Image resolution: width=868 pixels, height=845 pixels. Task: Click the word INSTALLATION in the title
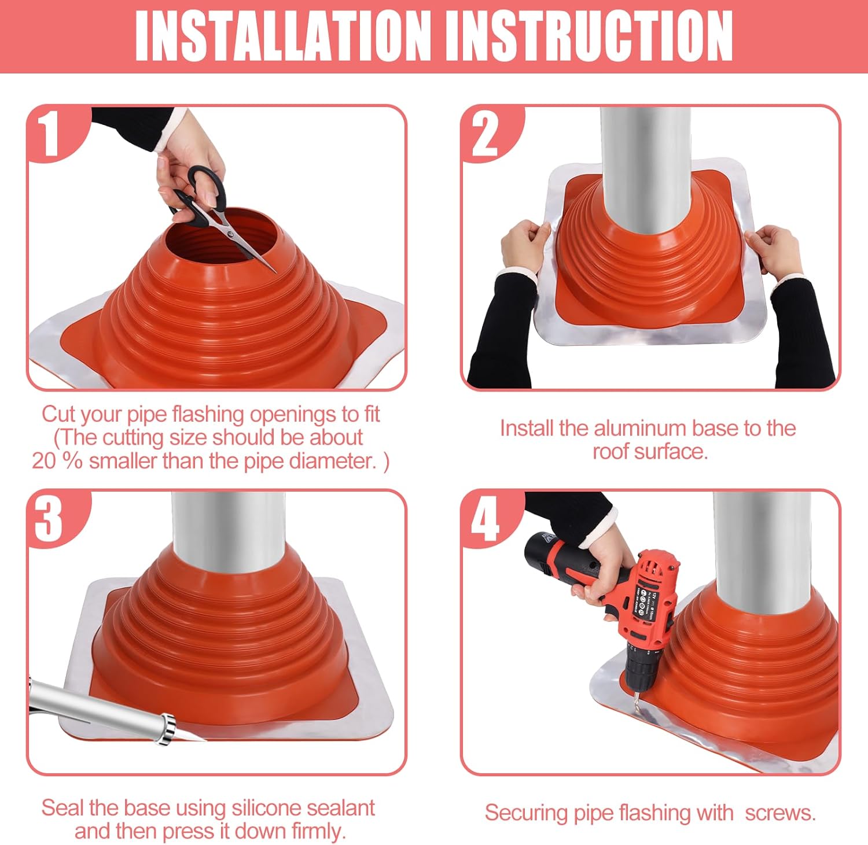pos(284,36)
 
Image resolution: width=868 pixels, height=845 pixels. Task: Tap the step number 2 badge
pos(485,134)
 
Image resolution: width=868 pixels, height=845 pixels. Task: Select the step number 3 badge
pos(49,519)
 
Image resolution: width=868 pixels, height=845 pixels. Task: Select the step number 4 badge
pos(485,519)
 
